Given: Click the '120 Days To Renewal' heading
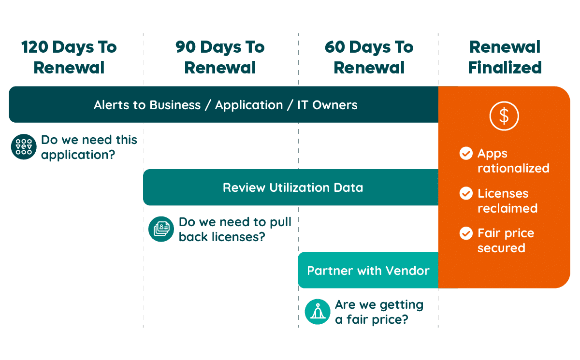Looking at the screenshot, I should pos(69,58).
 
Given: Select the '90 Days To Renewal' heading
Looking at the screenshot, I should pos(220,58).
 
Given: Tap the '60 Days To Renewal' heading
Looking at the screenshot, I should pos(369,58).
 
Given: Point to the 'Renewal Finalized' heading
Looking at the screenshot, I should pos(505,58).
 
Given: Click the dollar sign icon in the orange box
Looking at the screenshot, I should pos(504,116).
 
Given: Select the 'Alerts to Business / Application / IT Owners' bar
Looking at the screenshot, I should pos(225,105).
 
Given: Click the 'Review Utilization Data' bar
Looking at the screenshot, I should pos(292,187).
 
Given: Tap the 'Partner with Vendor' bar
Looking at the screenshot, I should pos(368,270).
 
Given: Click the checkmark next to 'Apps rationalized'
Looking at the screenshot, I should pos(466,154).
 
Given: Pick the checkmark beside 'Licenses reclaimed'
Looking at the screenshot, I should pos(466,194).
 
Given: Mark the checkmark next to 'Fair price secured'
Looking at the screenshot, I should pos(466,233).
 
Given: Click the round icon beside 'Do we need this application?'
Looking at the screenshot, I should pos(24,147).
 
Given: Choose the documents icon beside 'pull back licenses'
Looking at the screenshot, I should pos(161,229).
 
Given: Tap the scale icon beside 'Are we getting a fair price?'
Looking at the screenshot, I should pos(318,312).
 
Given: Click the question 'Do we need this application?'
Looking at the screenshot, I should pos(89,147).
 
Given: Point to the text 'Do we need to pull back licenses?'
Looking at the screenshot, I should pos(235,230).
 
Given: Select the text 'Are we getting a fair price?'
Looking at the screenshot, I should pos(379,312).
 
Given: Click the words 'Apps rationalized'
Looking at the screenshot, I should pos(513,161).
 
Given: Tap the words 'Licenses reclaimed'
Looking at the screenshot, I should pos(507,201).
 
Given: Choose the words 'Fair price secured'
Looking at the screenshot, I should pos(506,241).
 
